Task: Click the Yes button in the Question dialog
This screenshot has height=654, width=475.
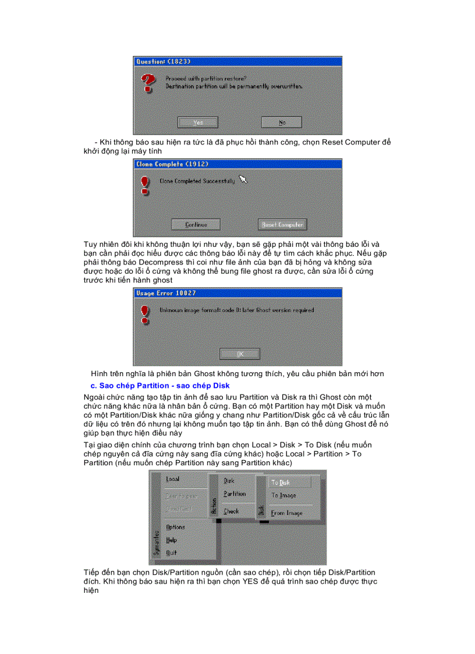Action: (198, 122)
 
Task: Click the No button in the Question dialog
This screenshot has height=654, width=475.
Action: (282, 122)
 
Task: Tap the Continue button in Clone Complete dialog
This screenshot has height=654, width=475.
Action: (196, 224)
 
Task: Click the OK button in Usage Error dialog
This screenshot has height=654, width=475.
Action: (240, 353)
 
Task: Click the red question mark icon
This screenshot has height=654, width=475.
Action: (148, 83)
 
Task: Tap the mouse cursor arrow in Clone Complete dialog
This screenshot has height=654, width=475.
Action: (243, 180)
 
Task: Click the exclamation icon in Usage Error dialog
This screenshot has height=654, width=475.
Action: (144, 315)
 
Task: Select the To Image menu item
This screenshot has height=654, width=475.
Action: (283, 496)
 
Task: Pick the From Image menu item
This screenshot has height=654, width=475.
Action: (286, 513)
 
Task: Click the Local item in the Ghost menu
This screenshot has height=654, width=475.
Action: (173, 479)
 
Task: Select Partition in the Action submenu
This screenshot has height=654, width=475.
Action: (235, 494)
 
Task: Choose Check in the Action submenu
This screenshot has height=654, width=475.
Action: (231, 511)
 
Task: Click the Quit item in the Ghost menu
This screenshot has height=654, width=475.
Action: (172, 553)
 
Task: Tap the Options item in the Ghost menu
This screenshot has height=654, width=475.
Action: (175, 527)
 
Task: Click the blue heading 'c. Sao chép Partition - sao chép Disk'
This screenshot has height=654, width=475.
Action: (160, 386)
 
